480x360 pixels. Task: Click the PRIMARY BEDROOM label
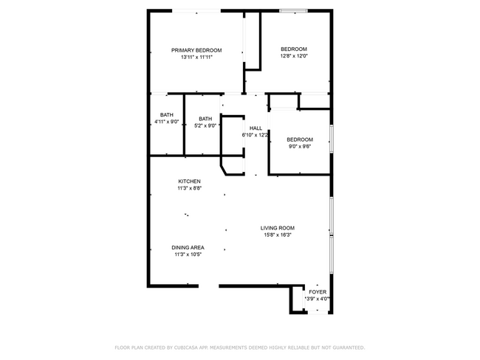(x=196, y=50)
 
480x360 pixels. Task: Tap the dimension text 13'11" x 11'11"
(x=196, y=57)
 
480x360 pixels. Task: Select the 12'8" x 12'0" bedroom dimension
(x=293, y=56)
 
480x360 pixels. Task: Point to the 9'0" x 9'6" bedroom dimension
(x=299, y=146)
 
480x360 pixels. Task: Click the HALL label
(x=256, y=128)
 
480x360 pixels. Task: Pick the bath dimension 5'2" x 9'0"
(x=205, y=125)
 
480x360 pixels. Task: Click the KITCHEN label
(x=189, y=181)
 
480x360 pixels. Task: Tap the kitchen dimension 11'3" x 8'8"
(x=189, y=188)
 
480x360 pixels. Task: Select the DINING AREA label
(x=188, y=247)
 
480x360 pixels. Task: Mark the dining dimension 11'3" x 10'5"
(x=188, y=254)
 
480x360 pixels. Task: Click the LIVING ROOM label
(x=277, y=228)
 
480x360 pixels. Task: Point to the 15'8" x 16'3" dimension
(x=277, y=235)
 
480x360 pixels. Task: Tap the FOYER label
(x=318, y=292)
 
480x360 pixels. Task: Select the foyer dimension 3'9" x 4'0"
(x=318, y=299)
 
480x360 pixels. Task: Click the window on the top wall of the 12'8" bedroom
(x=293, y=10)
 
